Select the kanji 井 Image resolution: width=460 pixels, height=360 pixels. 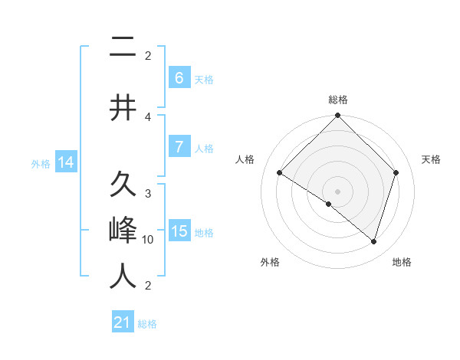pyautogui.click(x=123, y=108)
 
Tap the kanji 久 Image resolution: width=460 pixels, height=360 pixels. pyautogui.click(x=123, y=185)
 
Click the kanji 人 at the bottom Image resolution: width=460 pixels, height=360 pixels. pyautogui.click(x=123, y=276)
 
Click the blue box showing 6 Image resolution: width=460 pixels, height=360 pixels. pyautogui.click(x=179, y=77)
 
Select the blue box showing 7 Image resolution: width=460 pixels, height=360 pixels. pyautogui.click(x=179, y=147)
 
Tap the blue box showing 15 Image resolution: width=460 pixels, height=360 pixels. pyautogui.click(x=179, y=231)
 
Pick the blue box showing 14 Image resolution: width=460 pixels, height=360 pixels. pyautogui.click(x=65, y=162)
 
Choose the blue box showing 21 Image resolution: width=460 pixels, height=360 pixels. pyautogui.click(x=123, y=322)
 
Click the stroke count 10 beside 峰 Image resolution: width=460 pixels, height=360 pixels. pyautogui.click(x=148, y=240)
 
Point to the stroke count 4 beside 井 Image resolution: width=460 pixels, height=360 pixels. pyautogui.click(x=148, y=116)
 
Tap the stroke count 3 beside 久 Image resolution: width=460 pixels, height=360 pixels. pyautogui.click(x=148, y=193)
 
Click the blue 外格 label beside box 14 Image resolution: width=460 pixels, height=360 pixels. pyautogui.click(x=41, y=163)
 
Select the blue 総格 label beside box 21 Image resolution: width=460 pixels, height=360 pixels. pyautogui.click(x=147, y=324)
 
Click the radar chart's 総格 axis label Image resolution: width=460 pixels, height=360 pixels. pyautogui.click(x=337, y=100)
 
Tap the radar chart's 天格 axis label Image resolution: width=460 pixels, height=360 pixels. pyautogui.click(x=431, y=159)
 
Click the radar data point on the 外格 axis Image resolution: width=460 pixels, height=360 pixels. pyautogui.click(x=329, y=205)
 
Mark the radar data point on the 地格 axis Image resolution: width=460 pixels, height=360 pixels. pyautogui.click(x=373, y=241)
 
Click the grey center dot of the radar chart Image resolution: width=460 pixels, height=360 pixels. pyautogui.click(x=337, y=191)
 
